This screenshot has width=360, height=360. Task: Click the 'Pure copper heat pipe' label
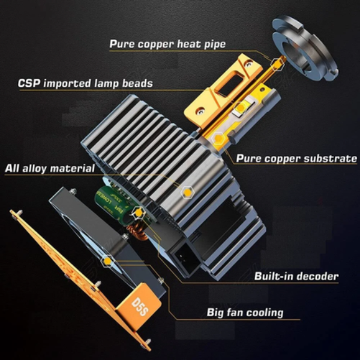[167, 44]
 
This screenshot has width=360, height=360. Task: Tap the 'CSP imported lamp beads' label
[85, 83]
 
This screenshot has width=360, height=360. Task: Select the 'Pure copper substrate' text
[296, 158]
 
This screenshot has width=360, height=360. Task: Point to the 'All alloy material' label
[50, 168]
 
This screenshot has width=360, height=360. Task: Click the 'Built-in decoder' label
[296, 276]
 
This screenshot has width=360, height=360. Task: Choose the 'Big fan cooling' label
[245, 313]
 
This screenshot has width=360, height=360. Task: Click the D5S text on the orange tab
[139, 307]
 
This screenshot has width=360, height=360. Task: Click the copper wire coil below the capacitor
[137, 232]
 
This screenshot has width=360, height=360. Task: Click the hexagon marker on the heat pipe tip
[277, 64]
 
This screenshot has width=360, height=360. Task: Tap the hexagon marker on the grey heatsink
[188, 191]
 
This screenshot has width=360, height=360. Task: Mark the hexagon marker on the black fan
[107, 261]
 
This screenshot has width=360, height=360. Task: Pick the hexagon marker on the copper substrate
[218, 138]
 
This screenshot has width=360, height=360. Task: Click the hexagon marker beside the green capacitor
[139, 213]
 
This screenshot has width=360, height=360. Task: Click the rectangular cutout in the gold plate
[229, 83]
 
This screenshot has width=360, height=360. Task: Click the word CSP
[29, 83]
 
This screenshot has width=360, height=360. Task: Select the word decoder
[316, 276]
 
